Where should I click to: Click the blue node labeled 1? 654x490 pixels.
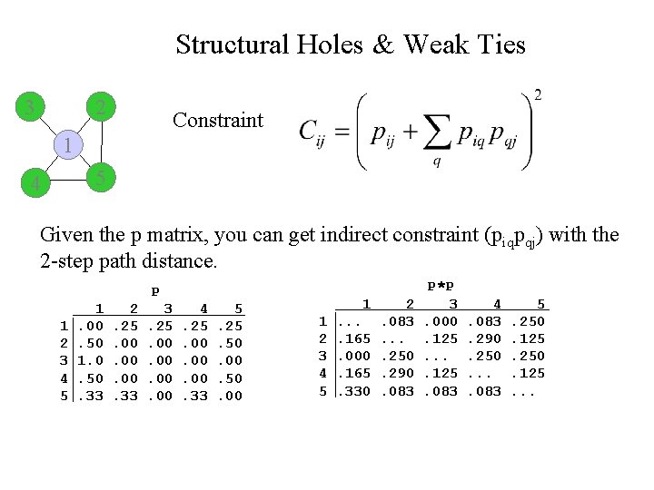coord(66,144)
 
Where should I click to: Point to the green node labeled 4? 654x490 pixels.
coord(35,184)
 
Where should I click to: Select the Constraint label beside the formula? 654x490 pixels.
coord(217,121)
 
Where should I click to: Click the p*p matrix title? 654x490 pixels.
coord(441,286)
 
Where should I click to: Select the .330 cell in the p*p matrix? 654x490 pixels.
coord(353,391)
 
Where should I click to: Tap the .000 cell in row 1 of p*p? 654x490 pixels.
coord(441,321)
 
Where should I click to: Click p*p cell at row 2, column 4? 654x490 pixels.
coord(484,338)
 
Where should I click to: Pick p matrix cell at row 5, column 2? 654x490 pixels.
coord(127,396)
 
